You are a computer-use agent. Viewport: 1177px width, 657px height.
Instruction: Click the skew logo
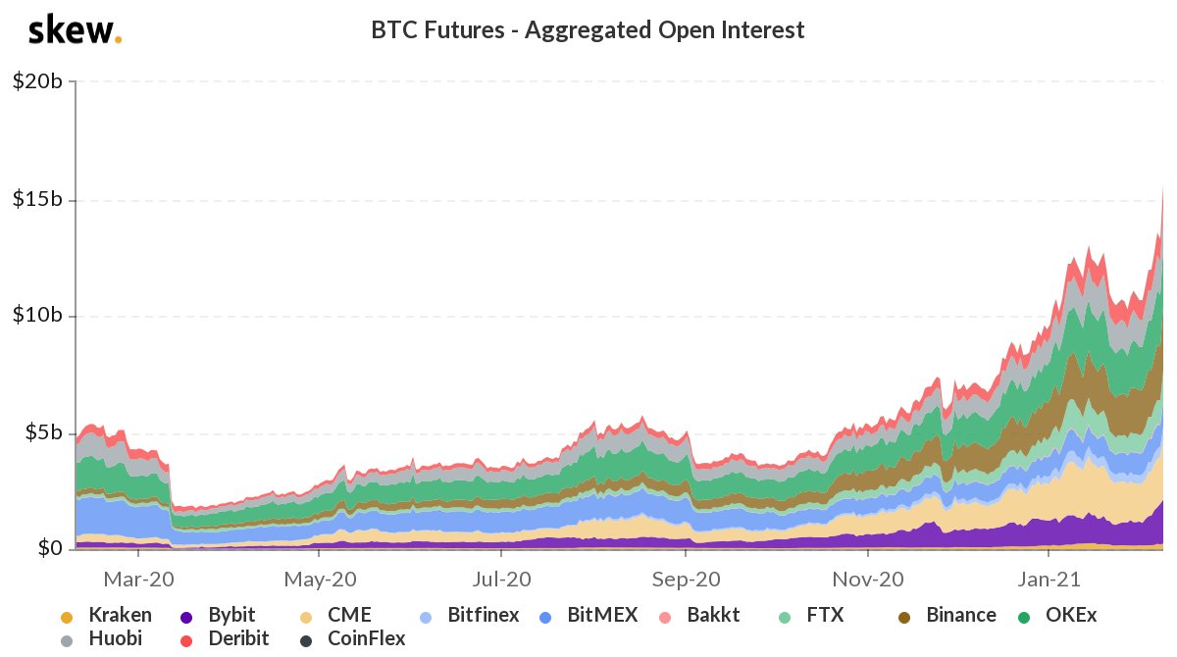76,30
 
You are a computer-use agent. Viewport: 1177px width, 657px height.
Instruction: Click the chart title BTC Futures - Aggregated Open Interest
588,30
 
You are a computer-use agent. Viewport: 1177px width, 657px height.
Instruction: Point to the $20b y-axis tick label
37,82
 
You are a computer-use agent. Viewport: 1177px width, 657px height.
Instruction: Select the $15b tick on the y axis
37,199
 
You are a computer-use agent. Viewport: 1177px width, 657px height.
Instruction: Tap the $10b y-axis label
37,316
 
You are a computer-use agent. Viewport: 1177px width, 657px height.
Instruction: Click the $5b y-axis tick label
41,432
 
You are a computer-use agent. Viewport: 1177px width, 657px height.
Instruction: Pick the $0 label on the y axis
50,547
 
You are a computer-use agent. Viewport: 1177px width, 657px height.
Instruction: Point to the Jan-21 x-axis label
1049,579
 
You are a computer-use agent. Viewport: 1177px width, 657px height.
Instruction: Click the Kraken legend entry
108,616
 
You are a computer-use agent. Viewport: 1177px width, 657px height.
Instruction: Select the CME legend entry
337,616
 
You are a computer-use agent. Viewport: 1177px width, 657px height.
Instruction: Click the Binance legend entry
948,616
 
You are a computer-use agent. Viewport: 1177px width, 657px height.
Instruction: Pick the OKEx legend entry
1059,616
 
